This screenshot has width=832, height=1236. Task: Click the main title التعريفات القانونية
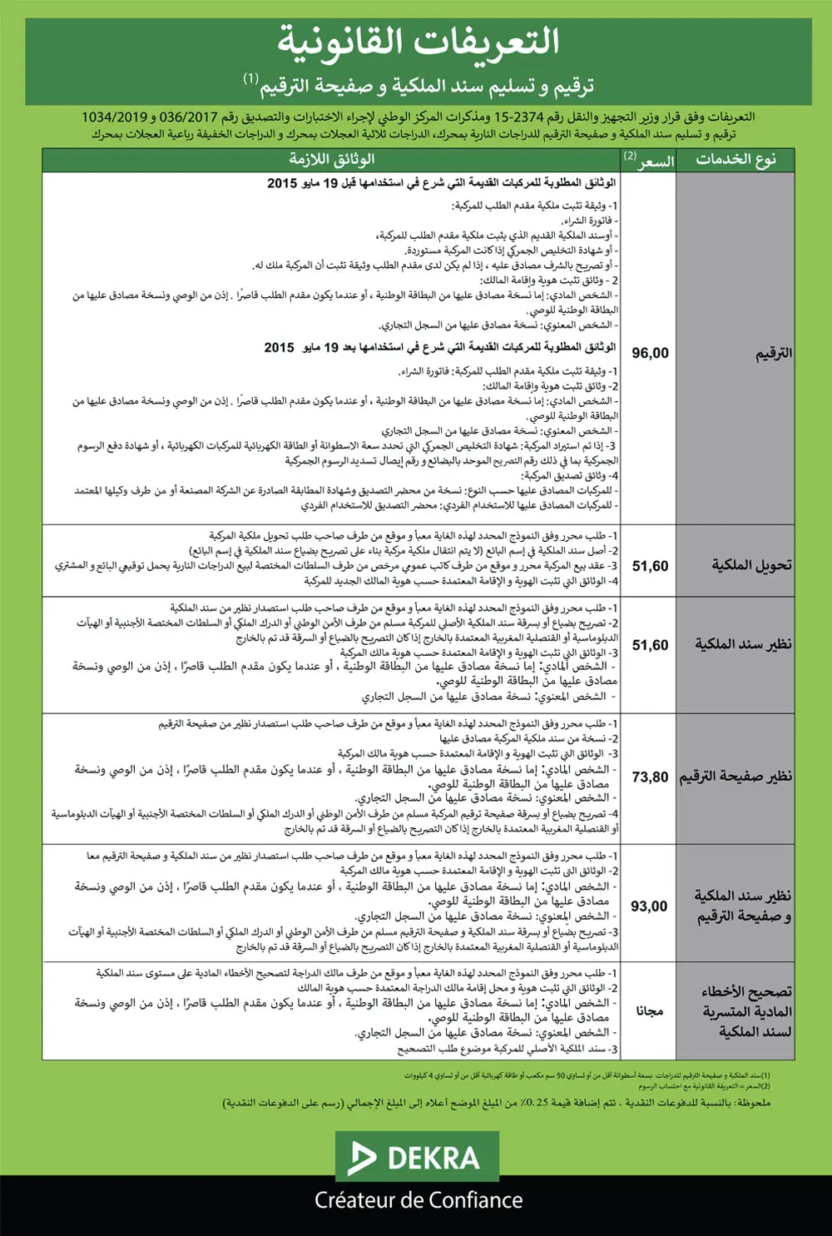418,42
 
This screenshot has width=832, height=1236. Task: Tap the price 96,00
650,353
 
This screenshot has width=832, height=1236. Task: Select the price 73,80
650,777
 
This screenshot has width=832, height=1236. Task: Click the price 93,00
649,906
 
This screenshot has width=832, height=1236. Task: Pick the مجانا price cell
650,1010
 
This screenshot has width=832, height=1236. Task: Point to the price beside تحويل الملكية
650,566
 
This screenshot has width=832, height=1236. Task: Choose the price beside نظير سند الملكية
650,645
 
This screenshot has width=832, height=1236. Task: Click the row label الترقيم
773,354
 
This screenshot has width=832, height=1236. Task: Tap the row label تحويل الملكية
751,565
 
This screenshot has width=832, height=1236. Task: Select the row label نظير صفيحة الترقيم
735,777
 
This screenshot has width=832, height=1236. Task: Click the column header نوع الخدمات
735,160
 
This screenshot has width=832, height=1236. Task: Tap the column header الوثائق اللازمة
331,160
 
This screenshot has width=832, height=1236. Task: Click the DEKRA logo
417,1157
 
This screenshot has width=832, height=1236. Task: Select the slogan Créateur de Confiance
418,1200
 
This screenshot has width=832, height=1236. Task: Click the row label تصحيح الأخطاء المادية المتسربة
746,1011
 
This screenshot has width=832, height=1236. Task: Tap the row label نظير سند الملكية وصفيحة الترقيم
742,906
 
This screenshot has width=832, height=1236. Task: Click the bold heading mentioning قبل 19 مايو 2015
441,183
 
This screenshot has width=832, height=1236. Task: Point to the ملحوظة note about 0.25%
497,1103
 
